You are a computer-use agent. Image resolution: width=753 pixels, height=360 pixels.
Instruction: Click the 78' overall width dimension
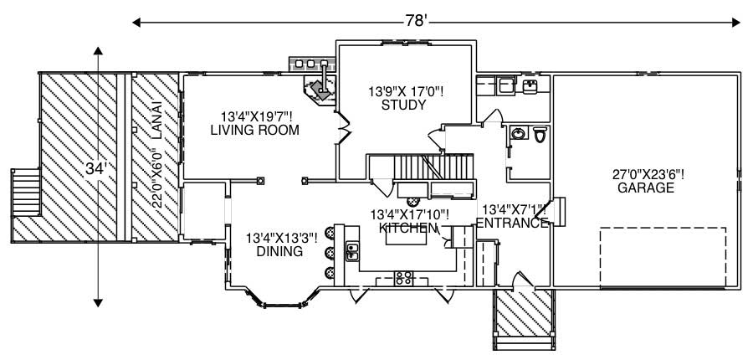416,20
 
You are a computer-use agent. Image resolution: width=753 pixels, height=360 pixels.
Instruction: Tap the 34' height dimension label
97,168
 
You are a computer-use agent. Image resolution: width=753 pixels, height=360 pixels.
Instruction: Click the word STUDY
403,105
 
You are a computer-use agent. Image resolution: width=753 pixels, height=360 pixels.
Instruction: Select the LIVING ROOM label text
254,130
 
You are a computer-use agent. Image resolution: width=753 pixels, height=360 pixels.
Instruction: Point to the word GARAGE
645,188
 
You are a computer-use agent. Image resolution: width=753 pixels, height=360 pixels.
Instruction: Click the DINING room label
280,250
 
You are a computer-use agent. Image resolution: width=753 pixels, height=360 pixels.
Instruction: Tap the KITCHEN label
408,228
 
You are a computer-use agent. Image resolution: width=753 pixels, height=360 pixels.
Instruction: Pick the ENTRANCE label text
512,223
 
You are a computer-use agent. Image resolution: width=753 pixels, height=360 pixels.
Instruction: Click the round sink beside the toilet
518,133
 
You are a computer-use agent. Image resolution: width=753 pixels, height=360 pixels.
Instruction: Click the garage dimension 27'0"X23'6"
648,175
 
